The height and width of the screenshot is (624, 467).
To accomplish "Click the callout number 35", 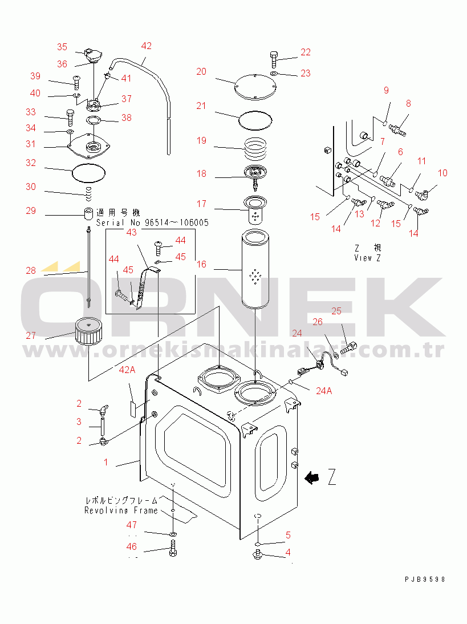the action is pos(62,47).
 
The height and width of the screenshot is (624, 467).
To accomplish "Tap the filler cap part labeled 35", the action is pos(92,56).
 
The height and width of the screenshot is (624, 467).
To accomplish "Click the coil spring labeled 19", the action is pos(255,150).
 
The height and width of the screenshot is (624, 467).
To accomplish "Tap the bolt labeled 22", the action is pos(273,59).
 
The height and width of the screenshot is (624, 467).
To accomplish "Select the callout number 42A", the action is pos(127,370).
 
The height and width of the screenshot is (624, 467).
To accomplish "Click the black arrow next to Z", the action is pos(312,478).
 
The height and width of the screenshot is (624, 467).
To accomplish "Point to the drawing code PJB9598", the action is pos(424,580).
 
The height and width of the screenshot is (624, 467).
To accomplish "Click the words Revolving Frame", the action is pos(121,510).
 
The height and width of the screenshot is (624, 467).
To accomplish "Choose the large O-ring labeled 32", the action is pos(90,171).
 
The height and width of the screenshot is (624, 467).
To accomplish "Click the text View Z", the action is pos(367,258).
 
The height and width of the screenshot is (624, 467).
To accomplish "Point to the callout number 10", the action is pos(442,173).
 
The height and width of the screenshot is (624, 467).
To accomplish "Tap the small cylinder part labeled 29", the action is pos(88,215).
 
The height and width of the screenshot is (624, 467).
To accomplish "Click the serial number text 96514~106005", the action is pos(171,222).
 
